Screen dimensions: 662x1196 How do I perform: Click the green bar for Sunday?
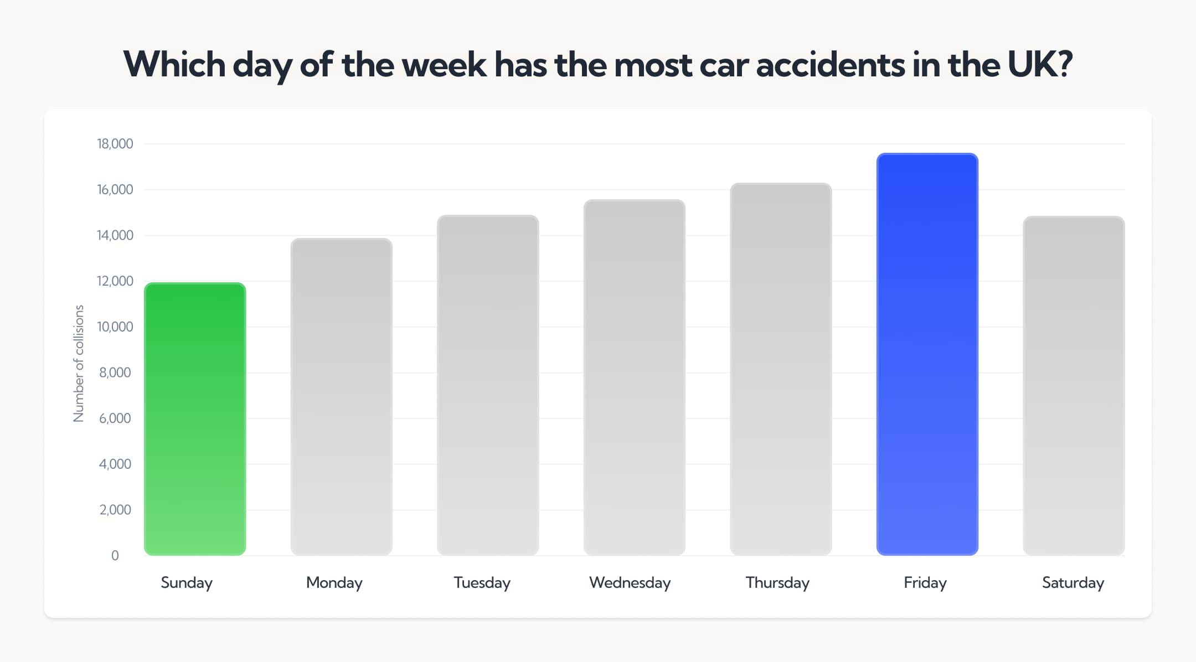[x=195, y=419]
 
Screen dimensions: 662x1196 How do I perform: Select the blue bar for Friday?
[x=927, y=354]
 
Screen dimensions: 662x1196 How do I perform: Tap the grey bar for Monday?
[x=341, y=397]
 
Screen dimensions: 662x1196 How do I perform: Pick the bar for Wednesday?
[x=634, y=377]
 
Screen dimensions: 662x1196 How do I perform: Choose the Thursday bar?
[x=781, y=369]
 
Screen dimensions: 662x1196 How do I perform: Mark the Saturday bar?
[x=1073, y=386]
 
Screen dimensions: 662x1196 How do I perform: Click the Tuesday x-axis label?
[x=482, y=583]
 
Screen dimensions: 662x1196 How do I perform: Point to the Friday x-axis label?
[x=925, y=583]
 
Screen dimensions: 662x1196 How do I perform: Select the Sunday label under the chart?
[x=187, y=583]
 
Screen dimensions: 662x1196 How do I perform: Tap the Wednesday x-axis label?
[x=630, y=583]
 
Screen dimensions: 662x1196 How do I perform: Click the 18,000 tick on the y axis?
[x=115, y=144]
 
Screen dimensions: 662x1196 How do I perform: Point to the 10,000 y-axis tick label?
[x=115, y=327]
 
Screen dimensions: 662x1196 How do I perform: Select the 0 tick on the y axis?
[x=115, y=555]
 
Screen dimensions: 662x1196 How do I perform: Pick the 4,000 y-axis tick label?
[x=115, y=464]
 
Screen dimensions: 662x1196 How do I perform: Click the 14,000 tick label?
[x=115, y=235]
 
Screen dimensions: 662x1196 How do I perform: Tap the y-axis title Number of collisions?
[x=79, y=363]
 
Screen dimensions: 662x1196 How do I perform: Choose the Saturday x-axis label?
[x=1073, y=583]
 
